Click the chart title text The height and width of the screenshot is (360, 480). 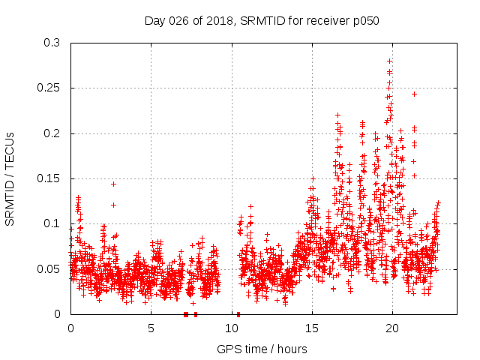(262, 21)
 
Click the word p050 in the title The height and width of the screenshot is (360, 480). (364, 21)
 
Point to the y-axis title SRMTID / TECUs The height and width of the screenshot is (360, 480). (10, 178)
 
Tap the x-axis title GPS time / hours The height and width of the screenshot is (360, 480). (262, 349)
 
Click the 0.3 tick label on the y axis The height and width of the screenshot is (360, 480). (51, 43)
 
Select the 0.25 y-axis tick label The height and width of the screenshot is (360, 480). (48, 88)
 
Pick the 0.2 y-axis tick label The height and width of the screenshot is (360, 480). (51, 133)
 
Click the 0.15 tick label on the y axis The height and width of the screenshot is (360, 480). (48, 178)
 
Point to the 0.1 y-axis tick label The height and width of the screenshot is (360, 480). (51, 223)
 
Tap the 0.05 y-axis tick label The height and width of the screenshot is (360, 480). (48, 268)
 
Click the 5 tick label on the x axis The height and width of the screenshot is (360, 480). (151, 328)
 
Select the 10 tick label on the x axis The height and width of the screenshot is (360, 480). (231, 328)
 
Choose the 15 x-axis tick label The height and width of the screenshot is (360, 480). (312, 328)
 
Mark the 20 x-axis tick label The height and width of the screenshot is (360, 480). (392, 328)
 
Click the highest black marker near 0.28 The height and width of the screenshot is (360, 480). (389, 61)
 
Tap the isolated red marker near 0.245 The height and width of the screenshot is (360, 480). (414, 94)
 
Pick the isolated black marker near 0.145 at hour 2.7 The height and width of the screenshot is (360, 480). (113, 184)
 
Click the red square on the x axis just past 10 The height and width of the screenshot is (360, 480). (238, 313)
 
